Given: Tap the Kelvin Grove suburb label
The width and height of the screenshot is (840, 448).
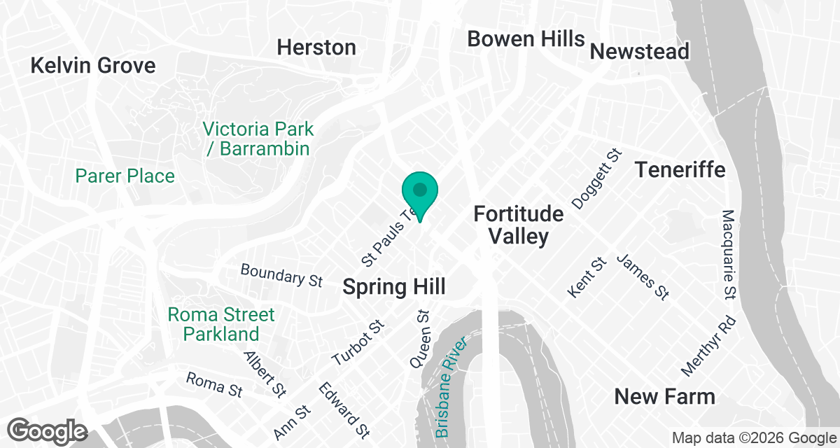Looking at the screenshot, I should [93, 66].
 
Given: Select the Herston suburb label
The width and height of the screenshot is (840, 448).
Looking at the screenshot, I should [316, 48].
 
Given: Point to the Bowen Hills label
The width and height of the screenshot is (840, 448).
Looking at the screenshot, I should [526, 38].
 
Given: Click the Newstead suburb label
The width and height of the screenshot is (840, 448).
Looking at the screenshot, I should [640, 51].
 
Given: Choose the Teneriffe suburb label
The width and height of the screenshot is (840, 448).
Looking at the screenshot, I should [680, 169].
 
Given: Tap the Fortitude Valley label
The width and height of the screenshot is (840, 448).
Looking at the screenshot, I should [519, 224].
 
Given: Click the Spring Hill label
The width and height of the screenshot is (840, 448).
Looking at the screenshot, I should [394, 287].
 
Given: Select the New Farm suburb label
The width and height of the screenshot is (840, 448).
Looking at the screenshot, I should [664, 397].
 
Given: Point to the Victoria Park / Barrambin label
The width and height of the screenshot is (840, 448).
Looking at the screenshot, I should [258, 139].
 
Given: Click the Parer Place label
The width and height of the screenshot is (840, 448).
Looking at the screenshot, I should [125, 176].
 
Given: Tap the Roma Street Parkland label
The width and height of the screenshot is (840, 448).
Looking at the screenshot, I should [221, 324].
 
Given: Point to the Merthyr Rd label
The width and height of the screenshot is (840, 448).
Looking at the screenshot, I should [710, 346].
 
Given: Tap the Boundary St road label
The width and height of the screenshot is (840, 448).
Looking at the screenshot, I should [281, 275].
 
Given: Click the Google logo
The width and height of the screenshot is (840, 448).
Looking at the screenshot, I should [48, 430].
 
